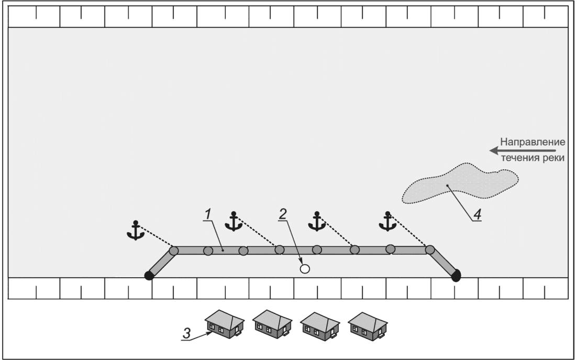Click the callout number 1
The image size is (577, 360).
point(208,214)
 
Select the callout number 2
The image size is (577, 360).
point(283,214)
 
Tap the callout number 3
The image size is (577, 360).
point(187,333)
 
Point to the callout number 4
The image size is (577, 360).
point(478,215)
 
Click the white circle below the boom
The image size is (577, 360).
point(305,269)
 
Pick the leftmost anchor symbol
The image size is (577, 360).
point(136,231)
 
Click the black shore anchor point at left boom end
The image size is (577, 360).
point(149,275)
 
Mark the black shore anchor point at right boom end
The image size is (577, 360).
point(456,275)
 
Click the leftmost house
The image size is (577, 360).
point(225,324)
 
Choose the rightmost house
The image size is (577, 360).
point(368,326)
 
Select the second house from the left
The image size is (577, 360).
point(272,324)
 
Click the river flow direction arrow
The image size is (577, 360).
point(523,150)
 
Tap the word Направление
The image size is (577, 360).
point(532,142)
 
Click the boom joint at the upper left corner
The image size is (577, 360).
point(174,250)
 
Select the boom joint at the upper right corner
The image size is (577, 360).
point(430,250)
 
